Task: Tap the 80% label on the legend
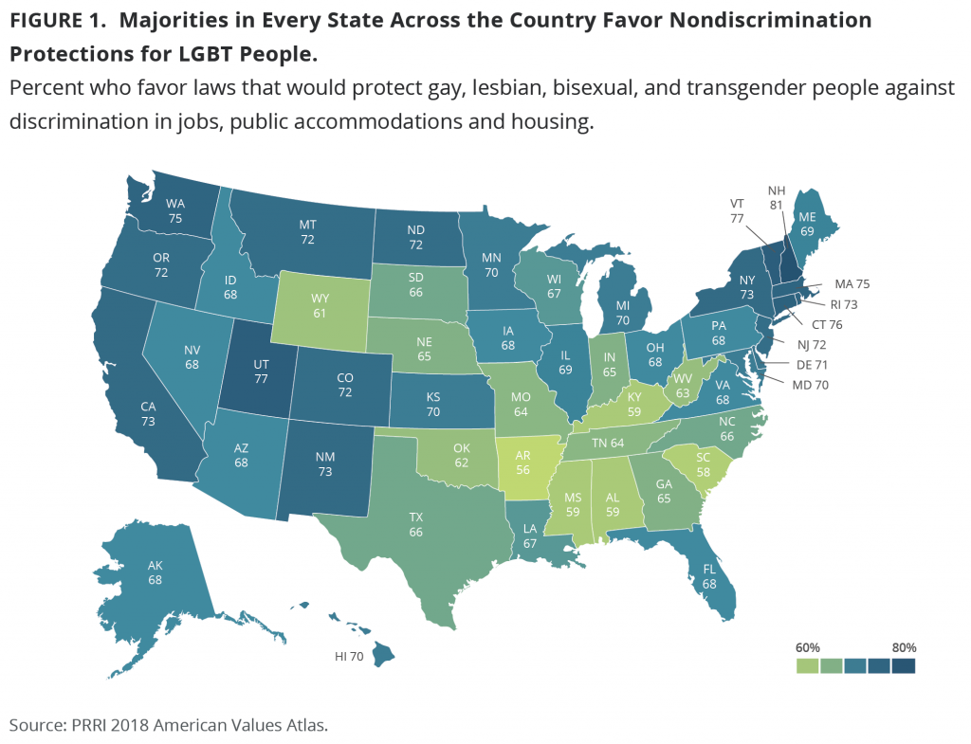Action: click(904, 647)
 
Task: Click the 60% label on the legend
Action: click(808, 647)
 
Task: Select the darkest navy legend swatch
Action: click(904, 666)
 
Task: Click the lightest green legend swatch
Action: click(808, 666)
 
